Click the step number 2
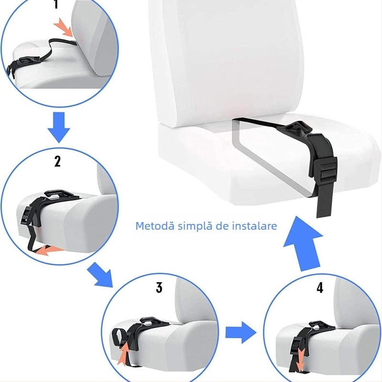point(57,161)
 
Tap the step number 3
point(159,287)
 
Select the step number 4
point(319,287)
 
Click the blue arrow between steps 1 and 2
point(59,127)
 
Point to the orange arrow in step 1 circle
point(64,28)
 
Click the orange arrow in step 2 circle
point(50,250)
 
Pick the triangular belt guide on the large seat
point(297,130)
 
